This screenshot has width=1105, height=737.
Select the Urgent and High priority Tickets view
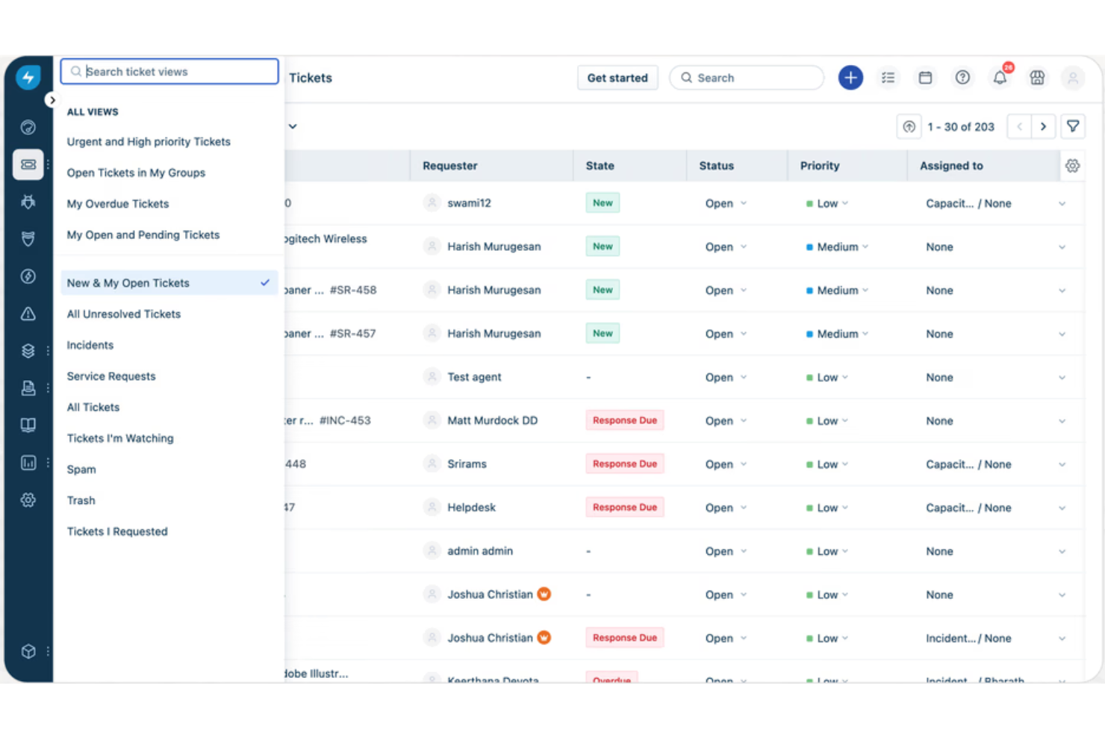pyautogui.click(x=149, y=142)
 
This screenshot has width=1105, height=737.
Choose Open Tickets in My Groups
pyautogui.click(x=136, y=172)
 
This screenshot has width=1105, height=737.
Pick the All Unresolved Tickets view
pyautogui.click(x=124, y=314)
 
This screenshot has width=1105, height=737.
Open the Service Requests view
pyautogui.click(x=111, y=376)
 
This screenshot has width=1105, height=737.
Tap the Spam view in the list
pyautogui.click(x=81, y=470)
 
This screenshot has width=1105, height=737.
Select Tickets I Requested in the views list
pyautogui.click(x=117, y=532)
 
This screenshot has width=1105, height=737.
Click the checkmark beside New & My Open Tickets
pyautogui.click(x=265, y=283)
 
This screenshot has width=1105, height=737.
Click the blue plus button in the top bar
pyautogui.click(x=850, y=78)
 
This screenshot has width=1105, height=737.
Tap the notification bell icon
pyautogui.click(x=1000, y=78)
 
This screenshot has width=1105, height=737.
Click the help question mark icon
pyautogui.click(x=962, y=78)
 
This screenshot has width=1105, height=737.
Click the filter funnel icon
pyautogui.click(x=1073, y=127)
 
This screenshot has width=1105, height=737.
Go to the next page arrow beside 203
pyautogui.click(x=1043, y=127)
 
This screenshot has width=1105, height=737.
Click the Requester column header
pyautogui.click(x=450, y=166)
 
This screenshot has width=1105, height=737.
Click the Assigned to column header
pyautogui.click(x=951, y=166)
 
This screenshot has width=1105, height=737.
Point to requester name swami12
pyautogui.click(x=469, y=203)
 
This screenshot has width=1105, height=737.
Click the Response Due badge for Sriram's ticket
pyautogui.click(x=625, y=464)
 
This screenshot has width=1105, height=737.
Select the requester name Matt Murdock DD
pyautogui.click(x=492, y=420)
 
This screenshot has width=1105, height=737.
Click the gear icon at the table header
pyautogui.click(x=1072, y=166)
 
